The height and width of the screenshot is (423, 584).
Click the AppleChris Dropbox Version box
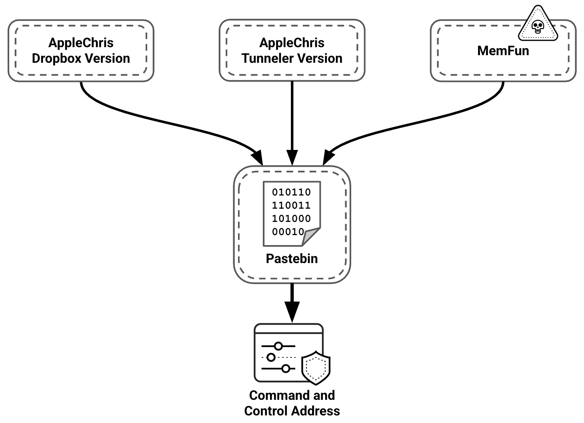[x=81, y=50]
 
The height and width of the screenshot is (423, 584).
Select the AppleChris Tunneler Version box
[x=292, y=50]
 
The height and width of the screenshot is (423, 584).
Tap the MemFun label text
[x=503, y=51]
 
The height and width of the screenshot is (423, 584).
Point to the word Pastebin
[x=292, y=259]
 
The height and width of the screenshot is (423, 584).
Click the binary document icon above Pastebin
[x=292, y=213]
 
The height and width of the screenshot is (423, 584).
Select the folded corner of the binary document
[x=311, y=237]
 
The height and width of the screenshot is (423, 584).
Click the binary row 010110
[x=291, y=192]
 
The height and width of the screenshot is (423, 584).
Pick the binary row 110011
[x=291, y=206]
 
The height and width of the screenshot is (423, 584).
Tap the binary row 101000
[x=291, y=219]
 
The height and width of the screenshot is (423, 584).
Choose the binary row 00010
[x=288, y=232]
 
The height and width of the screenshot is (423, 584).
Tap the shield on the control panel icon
[x=316, y=367]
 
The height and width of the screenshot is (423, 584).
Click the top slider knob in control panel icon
[x=278, y=346]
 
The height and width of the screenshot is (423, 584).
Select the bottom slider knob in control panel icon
[x=286, y=369]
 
